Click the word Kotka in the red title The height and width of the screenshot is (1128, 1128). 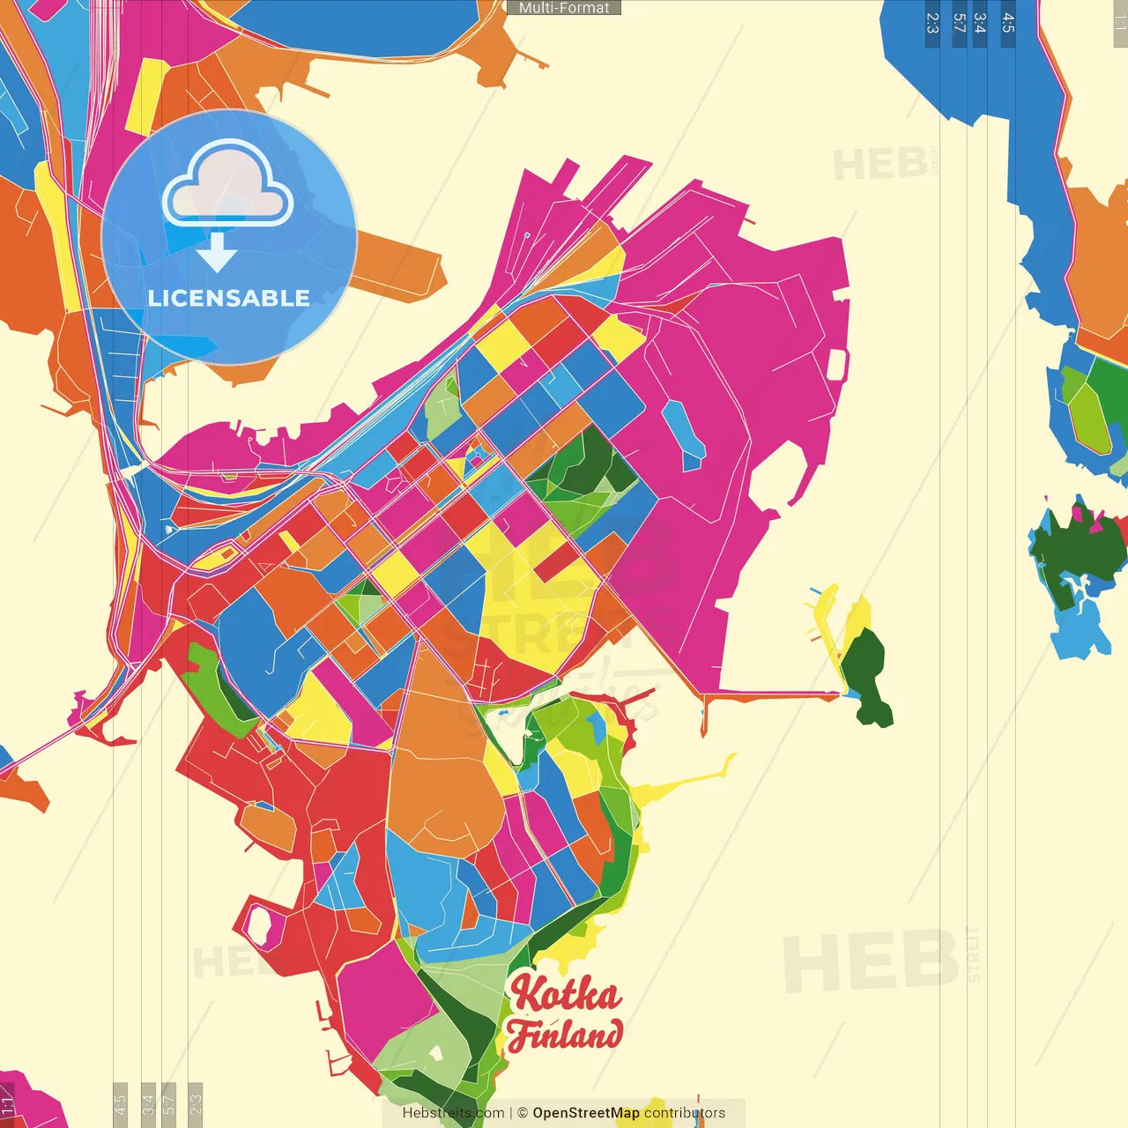565,994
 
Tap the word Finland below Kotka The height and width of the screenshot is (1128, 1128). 565,1035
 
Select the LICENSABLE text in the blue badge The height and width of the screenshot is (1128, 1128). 229,298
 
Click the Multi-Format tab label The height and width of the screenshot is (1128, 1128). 564,8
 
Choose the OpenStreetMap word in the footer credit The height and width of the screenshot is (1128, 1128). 585,1113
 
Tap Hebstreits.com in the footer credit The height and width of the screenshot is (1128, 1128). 453,1113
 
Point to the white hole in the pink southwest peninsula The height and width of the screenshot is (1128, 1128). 259,926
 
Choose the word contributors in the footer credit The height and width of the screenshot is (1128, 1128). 685,1113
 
